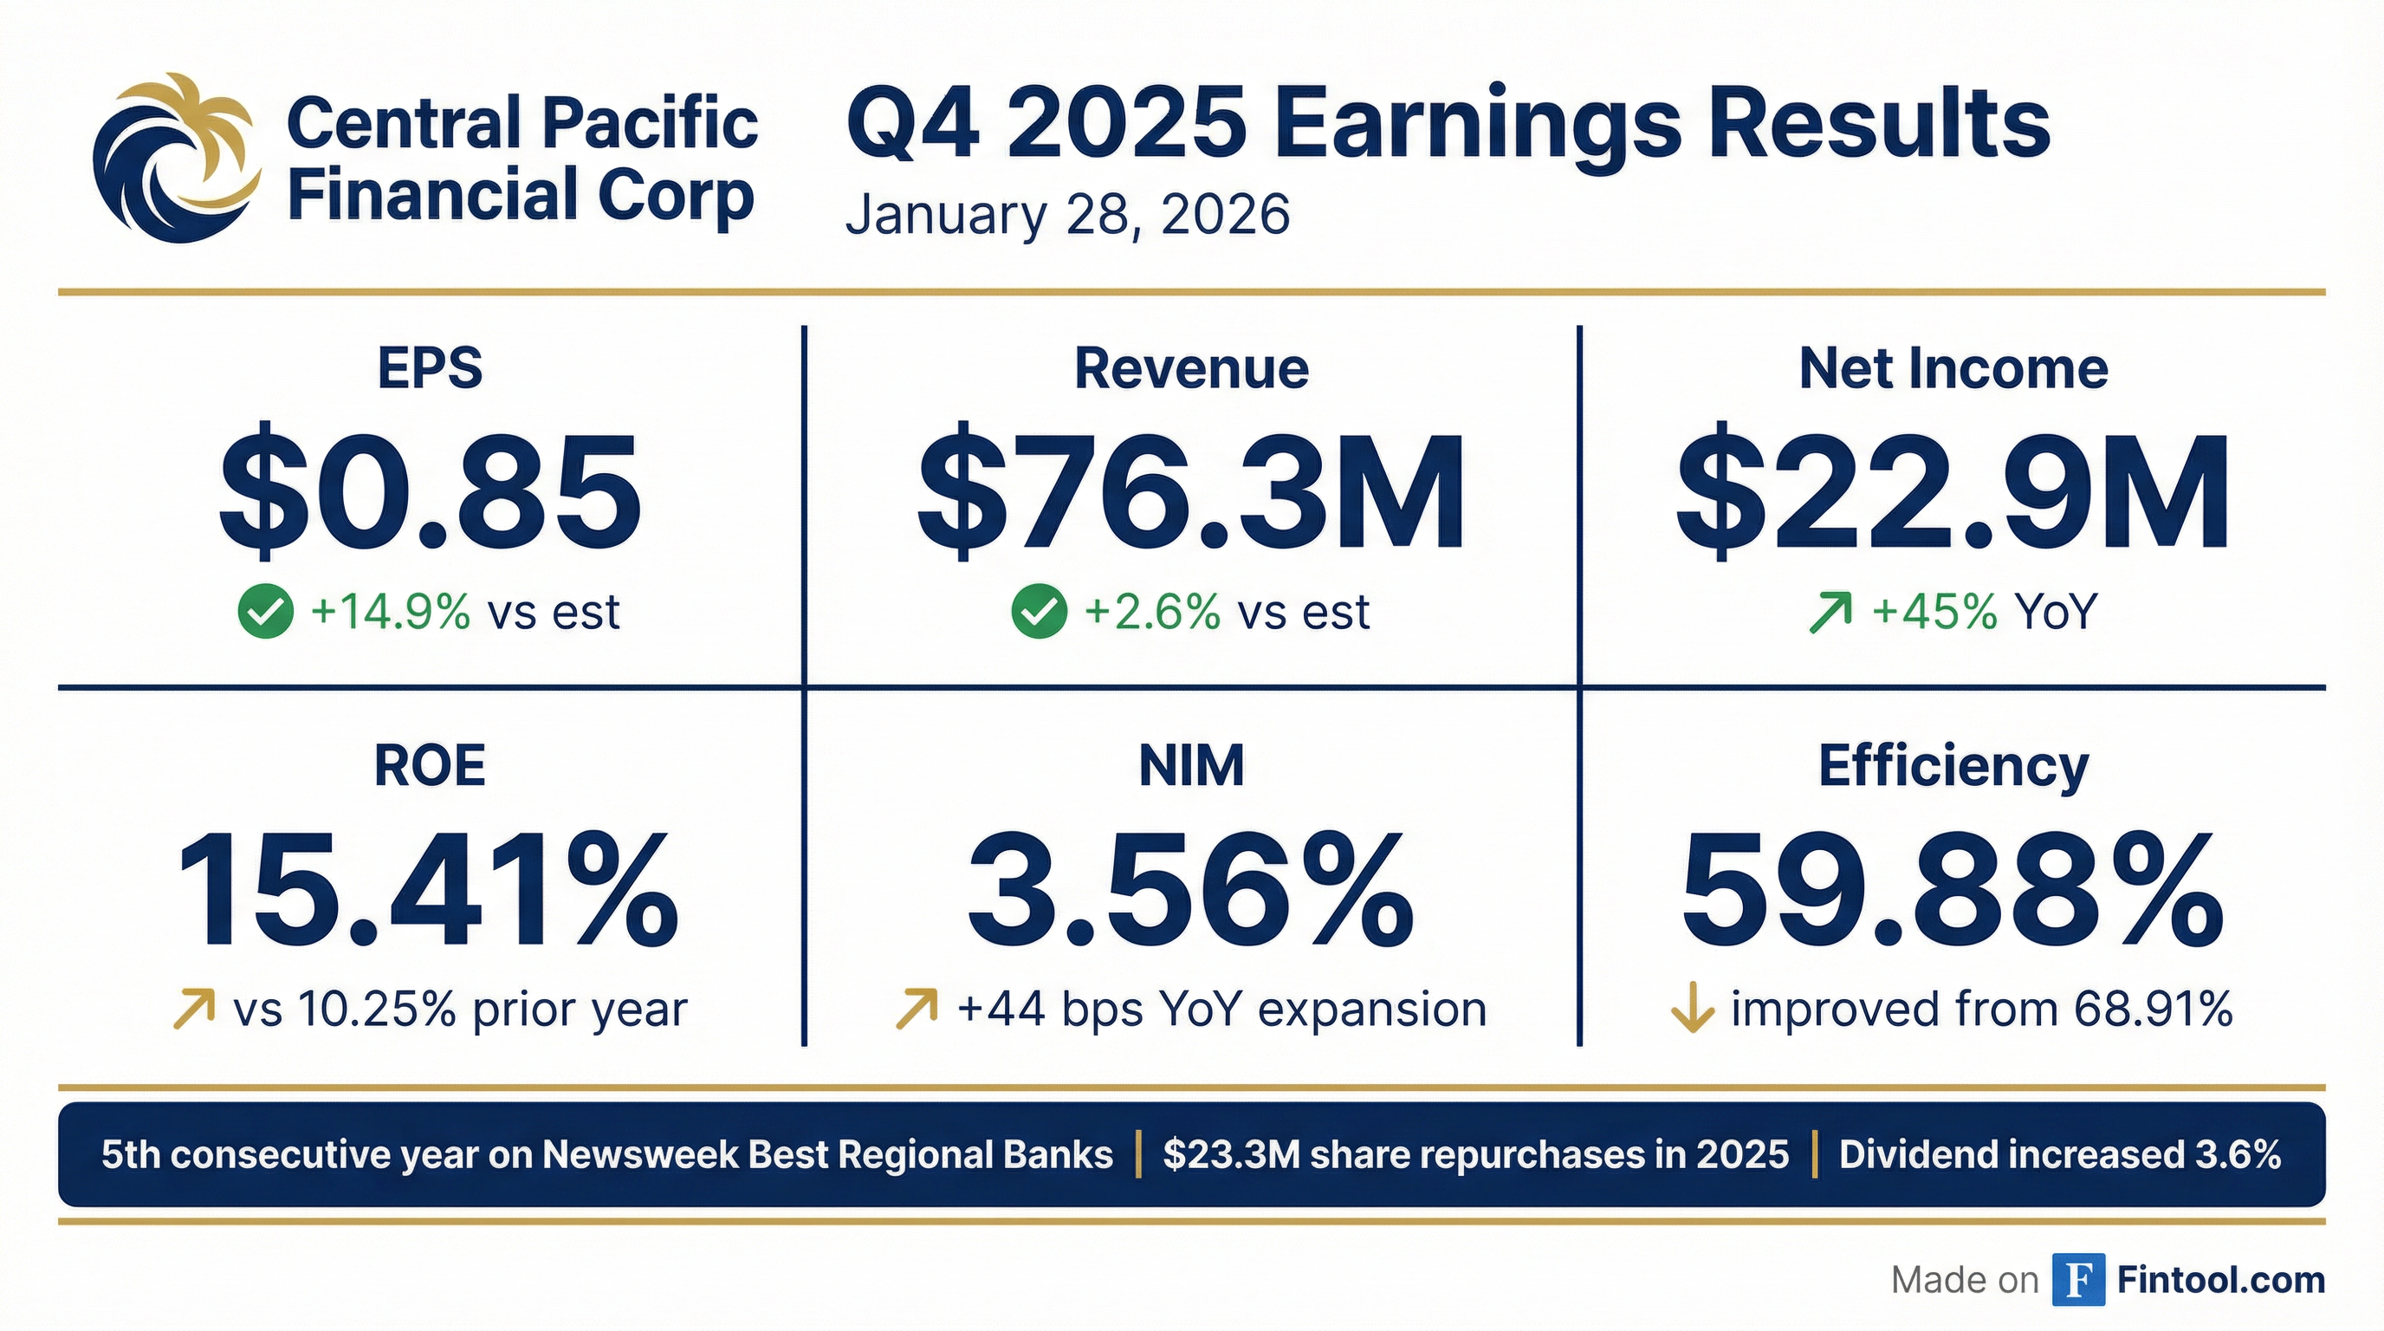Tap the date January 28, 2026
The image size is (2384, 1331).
[x=1067, y=216]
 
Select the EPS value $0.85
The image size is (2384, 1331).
[x=430, y=490]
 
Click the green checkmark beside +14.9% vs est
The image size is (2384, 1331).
[x=266, y=612]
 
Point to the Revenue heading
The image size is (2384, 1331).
[x=1191, y=368]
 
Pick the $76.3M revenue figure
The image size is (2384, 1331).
[x=1191, y=490]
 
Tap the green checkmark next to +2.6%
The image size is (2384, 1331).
[x=1040, y=612]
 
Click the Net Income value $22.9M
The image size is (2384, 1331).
[x=1953, y=490]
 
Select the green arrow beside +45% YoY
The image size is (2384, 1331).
[x=1830, y=613]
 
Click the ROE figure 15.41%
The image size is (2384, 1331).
[x=429, y=888]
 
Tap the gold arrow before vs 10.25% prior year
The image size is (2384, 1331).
[x=194, y=1009]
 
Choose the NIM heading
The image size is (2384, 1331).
[x=1191, y=766]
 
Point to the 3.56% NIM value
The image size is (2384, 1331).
[x=1191, y=888]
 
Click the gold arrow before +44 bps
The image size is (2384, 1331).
[x=917, y=1009]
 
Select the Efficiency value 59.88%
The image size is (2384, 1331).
[x=1953, y=888]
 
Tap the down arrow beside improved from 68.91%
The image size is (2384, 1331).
[x=1693, y=1010]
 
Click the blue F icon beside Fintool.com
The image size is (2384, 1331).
[x=2078, y=1279]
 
